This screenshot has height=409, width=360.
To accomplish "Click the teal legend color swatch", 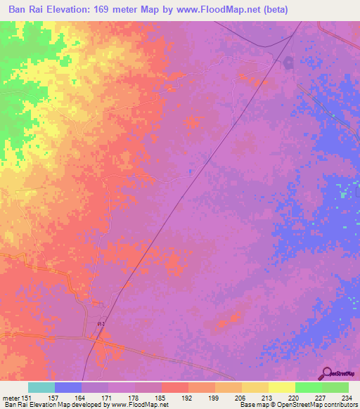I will [x=41, y=387].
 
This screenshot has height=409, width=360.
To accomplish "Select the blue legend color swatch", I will [x=68, y=387].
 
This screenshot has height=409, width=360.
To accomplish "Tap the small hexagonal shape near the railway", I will [x=288, y=63].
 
